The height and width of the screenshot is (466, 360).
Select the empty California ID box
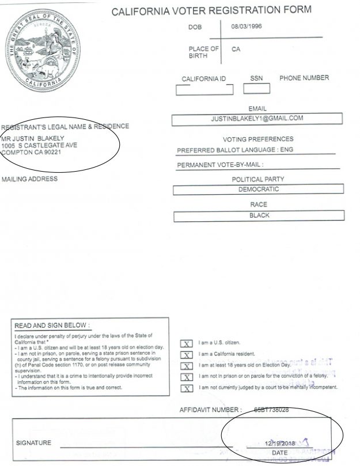coord(204,89)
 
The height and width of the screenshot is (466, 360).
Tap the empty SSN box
coord(256,89)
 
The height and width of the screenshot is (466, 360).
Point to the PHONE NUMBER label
coord(304,78)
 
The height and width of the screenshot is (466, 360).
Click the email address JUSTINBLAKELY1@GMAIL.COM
coord(257,119)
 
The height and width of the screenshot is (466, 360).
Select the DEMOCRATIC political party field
coord(259,189)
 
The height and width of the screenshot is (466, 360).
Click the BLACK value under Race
coord(259,215)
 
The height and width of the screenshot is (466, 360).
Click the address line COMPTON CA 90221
coord(31,153)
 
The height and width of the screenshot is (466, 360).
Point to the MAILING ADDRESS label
coord(29,179)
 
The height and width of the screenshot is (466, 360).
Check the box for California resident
coord(187,354)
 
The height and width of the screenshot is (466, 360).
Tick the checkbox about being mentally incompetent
coord(187,388)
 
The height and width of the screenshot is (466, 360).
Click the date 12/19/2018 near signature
coord(279,444)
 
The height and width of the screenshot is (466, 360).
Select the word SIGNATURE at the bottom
coord(33,444)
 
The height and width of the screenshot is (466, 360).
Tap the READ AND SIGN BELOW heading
coord(52,325)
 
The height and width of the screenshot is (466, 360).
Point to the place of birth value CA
coord(236,50)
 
